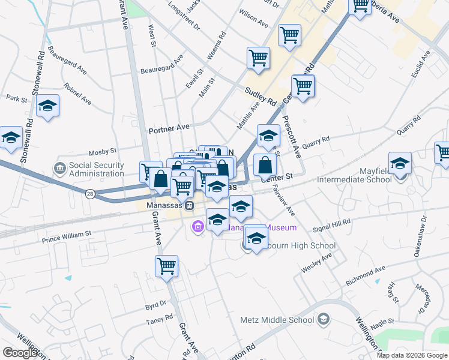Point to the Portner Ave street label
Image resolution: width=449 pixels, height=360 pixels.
169,128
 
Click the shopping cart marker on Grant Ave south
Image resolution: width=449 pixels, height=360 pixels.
166,266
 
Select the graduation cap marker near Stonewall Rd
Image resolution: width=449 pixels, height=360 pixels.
47,107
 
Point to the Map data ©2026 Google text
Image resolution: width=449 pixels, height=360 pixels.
412,355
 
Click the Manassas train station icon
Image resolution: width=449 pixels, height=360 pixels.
189,205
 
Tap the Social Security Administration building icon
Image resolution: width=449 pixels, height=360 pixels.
59,166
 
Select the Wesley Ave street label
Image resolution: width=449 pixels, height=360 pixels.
316,264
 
